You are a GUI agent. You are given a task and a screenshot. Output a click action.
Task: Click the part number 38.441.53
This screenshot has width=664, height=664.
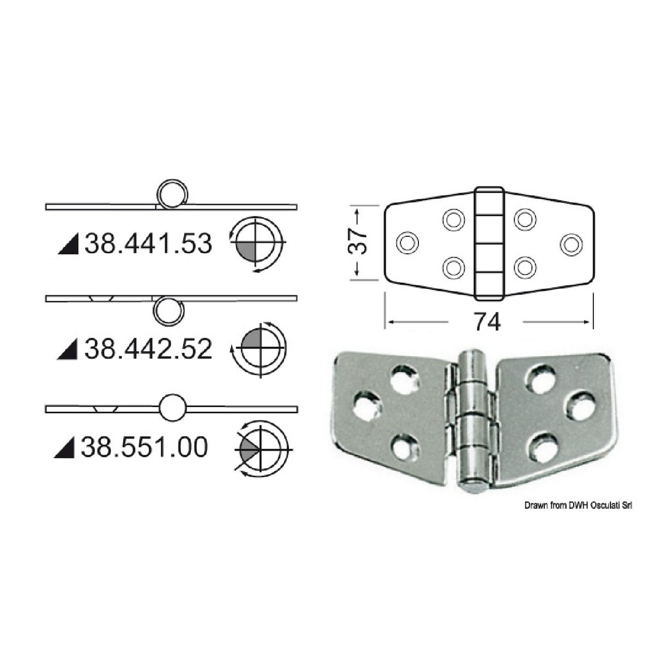[148, 244]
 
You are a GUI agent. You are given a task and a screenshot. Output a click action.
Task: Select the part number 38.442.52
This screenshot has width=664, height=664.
[148, 348]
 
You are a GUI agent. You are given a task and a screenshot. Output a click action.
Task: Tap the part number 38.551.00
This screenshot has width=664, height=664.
[144, 447]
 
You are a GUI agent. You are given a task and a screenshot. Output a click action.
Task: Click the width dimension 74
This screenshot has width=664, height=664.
[486, 322]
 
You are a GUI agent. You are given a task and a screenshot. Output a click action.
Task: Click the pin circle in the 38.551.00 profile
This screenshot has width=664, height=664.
[173, 408]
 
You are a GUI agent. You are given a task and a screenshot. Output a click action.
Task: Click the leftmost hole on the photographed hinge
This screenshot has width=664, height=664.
[365, 404]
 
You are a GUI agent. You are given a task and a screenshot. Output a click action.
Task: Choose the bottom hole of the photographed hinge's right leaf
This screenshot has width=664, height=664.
[541, 443]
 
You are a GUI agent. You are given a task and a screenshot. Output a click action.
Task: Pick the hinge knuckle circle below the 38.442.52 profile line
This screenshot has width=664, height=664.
[168, 311]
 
